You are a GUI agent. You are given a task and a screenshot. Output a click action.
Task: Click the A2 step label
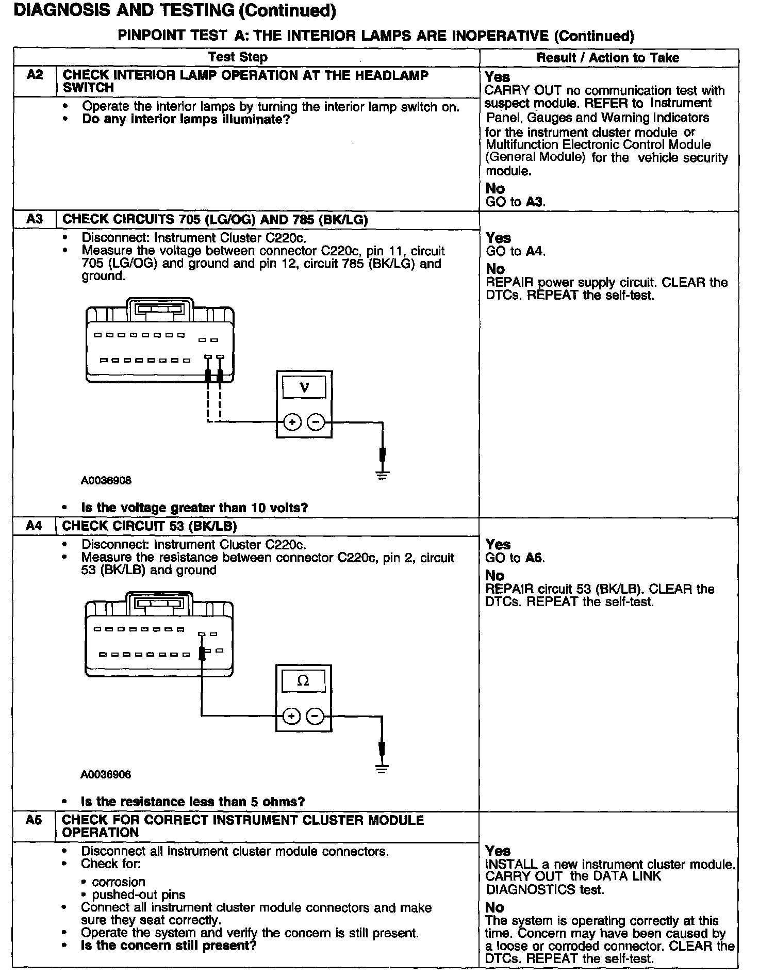pos(35,75)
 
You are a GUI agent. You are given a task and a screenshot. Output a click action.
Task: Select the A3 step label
pos(35,219)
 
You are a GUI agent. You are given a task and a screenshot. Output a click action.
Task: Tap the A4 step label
pos(34,526)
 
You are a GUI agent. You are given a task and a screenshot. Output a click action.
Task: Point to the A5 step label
pos(34,820)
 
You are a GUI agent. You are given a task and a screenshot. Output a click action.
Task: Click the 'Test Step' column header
pos(238,57)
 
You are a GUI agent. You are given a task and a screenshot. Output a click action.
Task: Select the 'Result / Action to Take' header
pos(608,58)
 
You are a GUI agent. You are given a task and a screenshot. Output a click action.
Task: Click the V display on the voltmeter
pos(304,387)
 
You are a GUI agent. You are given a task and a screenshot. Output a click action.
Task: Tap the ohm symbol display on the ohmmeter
pos(304,681)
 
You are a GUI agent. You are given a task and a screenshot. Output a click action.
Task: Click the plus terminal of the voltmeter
pos(292,423)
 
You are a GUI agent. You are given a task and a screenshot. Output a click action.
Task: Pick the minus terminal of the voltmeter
pos(316,423)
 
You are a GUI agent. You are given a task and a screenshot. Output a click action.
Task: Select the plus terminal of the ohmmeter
pos(291,717)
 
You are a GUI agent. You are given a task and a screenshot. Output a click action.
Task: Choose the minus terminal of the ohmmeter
pos(316,717)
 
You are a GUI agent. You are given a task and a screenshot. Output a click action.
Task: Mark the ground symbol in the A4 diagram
pos(382,768)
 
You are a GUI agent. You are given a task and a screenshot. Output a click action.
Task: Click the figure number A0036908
pos(106,481)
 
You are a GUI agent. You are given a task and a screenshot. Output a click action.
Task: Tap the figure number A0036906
pos(106,774)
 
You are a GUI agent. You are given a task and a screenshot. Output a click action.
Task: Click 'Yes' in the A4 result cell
pos(498,544)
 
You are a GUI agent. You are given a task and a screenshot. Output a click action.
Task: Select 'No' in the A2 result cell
pos(495,188)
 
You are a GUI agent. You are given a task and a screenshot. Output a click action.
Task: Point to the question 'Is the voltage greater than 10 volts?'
pos(194,508)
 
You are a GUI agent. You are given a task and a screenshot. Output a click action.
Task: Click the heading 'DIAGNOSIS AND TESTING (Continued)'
pos(175,11)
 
